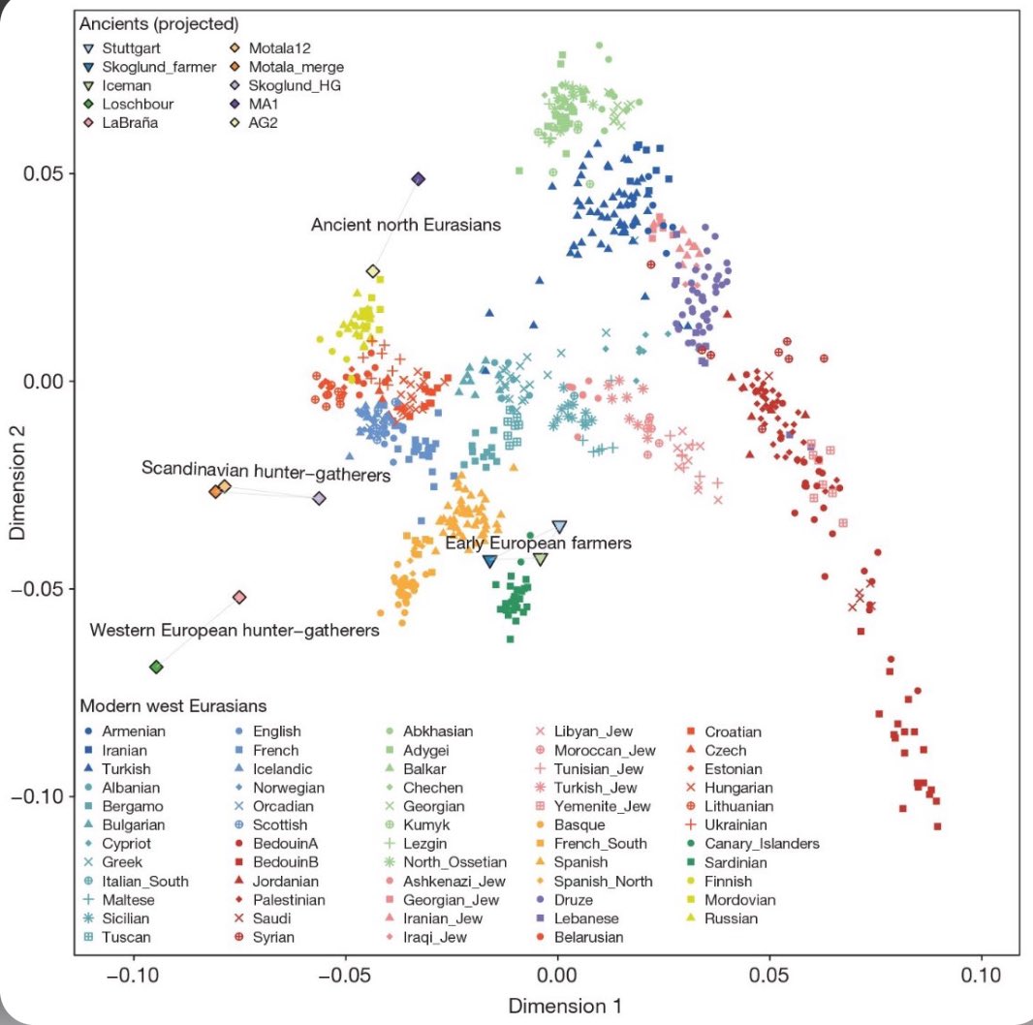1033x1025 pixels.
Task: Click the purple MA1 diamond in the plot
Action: click(x=419, y=179)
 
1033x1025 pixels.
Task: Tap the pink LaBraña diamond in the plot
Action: click(x=240, y=598)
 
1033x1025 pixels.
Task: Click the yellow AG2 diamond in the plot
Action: click(x=373, y=271)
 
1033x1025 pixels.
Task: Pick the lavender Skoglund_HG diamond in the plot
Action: click(x=319, y=498)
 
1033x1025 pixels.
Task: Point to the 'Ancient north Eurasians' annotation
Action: click(x=405, y=225)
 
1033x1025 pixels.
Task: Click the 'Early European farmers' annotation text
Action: click(x=538, y=544)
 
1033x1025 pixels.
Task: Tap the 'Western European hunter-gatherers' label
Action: click(x=235, y=631)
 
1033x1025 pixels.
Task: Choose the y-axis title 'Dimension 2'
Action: click(x=16, y=484)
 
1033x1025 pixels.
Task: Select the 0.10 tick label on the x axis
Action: click(x=982, y=972)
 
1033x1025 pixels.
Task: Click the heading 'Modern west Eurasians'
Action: click(x=173, y=704)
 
